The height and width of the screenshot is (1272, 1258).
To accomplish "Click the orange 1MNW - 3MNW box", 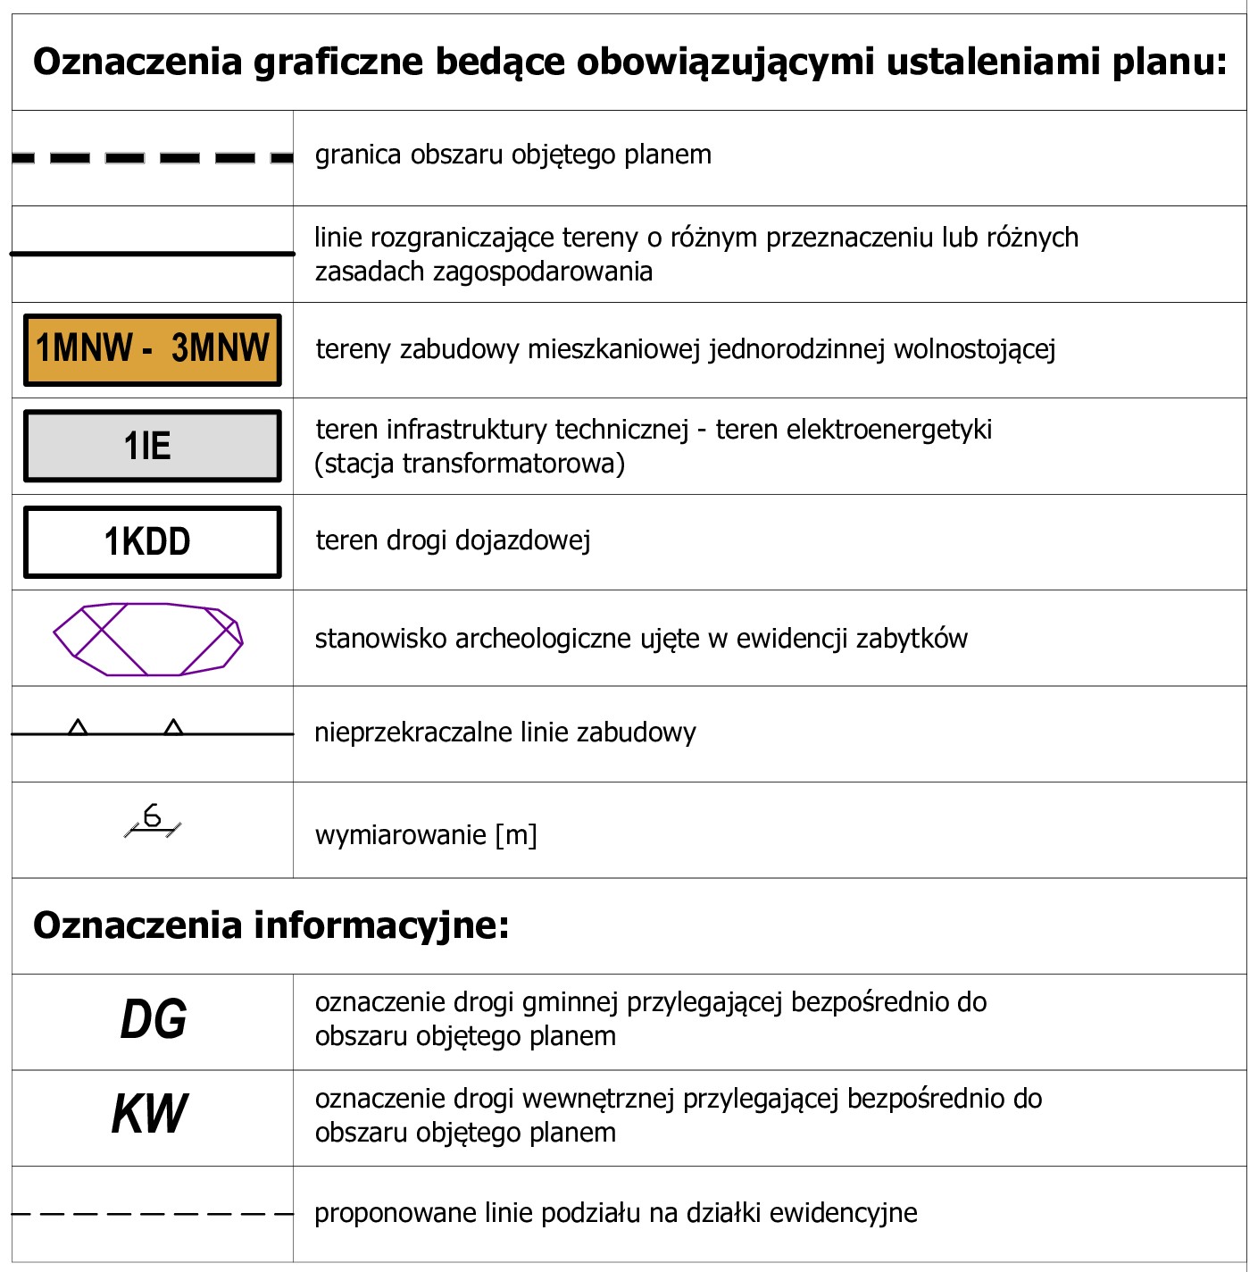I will tap(152, 349).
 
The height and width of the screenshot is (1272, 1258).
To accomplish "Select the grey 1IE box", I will tap(152, 446).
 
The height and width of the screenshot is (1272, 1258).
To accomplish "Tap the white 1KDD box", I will tap(152, 542).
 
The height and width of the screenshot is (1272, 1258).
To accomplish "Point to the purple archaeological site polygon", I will tap(148, 640).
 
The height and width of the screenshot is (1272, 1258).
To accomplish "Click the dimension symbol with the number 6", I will tap(152, 820).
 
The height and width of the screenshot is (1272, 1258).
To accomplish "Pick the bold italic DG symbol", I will tap(154, 1020).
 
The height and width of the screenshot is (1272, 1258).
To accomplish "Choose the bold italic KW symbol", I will tap(150, 1115).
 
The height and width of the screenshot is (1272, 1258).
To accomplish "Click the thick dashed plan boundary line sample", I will tap(152, 158).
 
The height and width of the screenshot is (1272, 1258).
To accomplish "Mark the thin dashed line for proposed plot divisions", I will tap(152, 1214).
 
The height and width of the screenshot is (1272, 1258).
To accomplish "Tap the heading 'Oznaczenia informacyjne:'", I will tap(271, 925).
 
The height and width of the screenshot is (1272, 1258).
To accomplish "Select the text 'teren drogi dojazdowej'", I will tap(453, 541).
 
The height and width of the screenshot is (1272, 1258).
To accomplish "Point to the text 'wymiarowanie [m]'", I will tap(426, 835).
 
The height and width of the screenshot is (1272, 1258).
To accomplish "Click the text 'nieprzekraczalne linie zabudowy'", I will tap(504, 732).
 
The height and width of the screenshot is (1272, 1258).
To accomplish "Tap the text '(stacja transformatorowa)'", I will tap(470, 464).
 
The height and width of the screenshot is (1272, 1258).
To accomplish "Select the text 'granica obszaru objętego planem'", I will tap(513, 155).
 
